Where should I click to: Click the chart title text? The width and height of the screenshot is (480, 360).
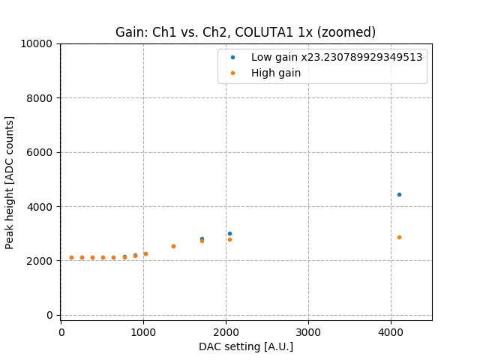[245, 32]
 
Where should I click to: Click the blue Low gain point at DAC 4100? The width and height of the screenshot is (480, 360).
[399, 194]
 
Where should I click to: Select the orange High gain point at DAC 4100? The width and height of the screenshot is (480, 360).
[399, 237]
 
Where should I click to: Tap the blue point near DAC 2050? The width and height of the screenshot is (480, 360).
[229, 233]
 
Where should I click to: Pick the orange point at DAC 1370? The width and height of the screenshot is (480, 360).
[173, 246]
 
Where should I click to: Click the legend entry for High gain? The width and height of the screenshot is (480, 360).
[277, 73]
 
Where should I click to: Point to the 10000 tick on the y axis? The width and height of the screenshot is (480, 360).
[38, 43]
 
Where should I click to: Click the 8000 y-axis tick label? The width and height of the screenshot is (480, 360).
[41, 98]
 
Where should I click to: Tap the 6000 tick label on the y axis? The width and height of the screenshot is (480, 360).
[41, 152]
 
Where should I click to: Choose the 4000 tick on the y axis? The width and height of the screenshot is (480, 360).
[41, 207]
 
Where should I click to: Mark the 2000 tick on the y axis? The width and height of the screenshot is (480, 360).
[41, 261]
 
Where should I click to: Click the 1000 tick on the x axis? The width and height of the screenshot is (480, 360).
[143, 331]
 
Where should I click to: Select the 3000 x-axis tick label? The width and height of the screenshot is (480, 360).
[308, 331]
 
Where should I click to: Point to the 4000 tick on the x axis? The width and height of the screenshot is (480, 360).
[391, 331]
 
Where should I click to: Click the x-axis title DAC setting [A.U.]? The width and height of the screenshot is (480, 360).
[245, 346]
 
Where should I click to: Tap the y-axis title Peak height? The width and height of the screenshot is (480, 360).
[10, 182]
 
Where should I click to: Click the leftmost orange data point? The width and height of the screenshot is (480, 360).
[71, 257]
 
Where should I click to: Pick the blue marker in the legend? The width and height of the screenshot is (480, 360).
[232, 57]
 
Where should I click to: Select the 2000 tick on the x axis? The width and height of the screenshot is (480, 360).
[226, 331]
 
